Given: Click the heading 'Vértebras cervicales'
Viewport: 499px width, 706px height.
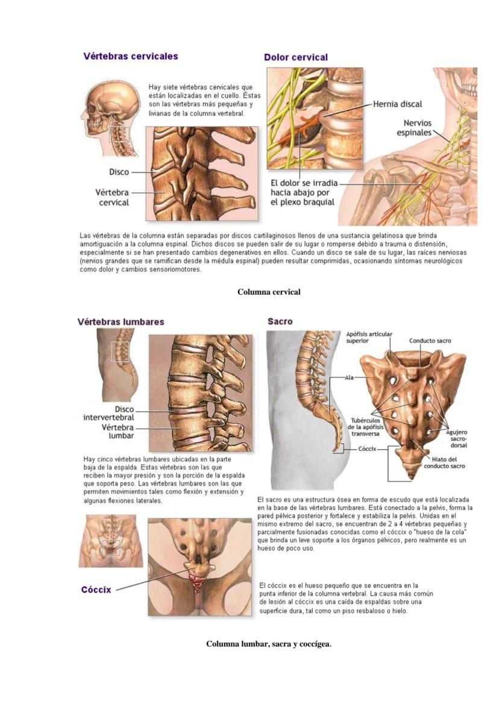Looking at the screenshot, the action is [131, 56].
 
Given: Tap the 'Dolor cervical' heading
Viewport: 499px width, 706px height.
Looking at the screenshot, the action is [296, 57].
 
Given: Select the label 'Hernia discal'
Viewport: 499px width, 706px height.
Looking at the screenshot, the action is [398, 104].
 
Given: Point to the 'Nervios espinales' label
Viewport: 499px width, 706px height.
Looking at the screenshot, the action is [414, 127].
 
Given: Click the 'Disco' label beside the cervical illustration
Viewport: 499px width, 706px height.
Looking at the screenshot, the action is [119, 172].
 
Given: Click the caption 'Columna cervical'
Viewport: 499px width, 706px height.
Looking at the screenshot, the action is [269, 292].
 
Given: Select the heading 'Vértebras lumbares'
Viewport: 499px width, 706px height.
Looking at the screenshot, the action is [121, 322].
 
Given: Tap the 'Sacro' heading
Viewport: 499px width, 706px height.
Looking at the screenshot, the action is [280, 321].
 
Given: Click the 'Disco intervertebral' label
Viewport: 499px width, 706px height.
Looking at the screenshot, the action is [109, 414].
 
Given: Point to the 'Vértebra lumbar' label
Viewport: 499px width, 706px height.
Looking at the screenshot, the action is [118, 431].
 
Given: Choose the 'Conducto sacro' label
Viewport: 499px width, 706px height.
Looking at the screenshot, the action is [430, 341].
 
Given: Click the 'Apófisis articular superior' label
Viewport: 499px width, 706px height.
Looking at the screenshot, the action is [369, 337].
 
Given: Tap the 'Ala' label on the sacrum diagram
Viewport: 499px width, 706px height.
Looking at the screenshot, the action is [349, 378].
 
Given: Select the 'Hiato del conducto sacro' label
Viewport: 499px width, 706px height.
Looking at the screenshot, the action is [444, 463].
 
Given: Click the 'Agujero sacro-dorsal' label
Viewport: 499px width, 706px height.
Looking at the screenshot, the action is [457, 438].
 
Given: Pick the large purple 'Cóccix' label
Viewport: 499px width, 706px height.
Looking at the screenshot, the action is [96, 590].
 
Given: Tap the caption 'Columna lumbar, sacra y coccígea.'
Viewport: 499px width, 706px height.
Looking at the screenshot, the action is [269, 644].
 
